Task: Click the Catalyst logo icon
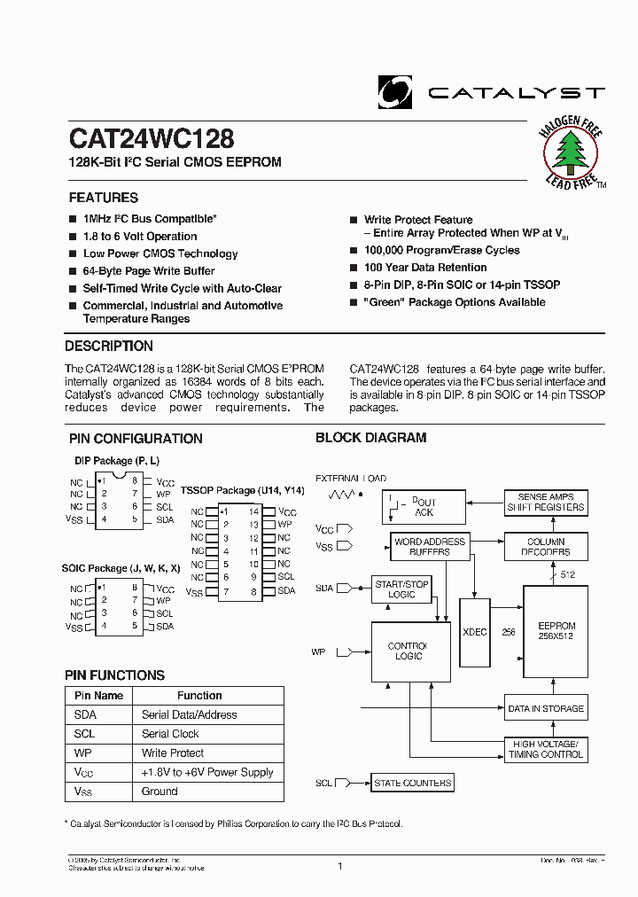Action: pyautogui.click(x=395, y=91)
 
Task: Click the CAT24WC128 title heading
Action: pyautogui.click(x=152, y=140)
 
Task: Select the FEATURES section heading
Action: pyautogui.click(x=104, y=198)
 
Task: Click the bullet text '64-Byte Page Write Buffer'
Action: pyautogui.click(x=149, y=271)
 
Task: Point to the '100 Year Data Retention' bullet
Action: pyautogui.click(x=425, y=268)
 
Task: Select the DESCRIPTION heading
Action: pyautogui.click(x=109, y=347)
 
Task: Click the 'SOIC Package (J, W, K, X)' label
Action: pyautogui.click(x=121, y=568)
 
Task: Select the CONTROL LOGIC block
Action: pyautogui.click(x=407, y=651)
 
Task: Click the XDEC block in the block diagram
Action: pyautogui.click(x=474, y=631)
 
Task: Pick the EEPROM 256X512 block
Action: pyautogui.click(x=556, y=631)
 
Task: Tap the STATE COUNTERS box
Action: pyautogui.click(x=412, y=783)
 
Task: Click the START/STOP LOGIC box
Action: pyautogui.click(x=401, y=589)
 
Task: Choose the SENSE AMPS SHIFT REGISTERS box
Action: pyautogui.click(x=545, y=503)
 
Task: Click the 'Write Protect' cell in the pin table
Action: pyautogui.click(x=173, y=753)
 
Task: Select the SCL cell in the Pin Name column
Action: pyautogui.click(x=86, y=734)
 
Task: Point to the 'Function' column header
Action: pyautogui.click(x=199, y=696)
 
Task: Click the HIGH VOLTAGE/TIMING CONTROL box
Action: pyautogui.click(x=545, y=749)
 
